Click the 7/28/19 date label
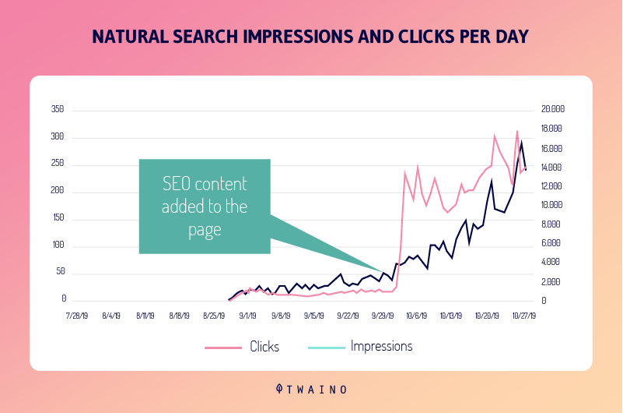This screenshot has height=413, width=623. click(78, 316)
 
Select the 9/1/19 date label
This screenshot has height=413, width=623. click(247, 316)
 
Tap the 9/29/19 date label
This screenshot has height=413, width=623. click(383, 316)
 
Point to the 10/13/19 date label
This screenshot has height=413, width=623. click(451, 316)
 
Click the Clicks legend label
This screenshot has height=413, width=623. click(264, 347)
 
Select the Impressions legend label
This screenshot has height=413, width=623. click(382, 346)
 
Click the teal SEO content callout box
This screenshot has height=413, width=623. click(205, 206)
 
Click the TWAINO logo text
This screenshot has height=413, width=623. click(311, 387)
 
